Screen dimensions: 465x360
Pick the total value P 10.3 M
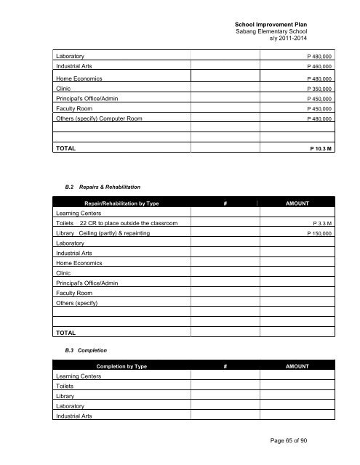click(318, 148)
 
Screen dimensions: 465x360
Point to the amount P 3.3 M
click(321, 224)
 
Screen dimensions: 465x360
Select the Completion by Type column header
click(121, 366)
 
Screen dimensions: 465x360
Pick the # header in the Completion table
click(226, 366)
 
